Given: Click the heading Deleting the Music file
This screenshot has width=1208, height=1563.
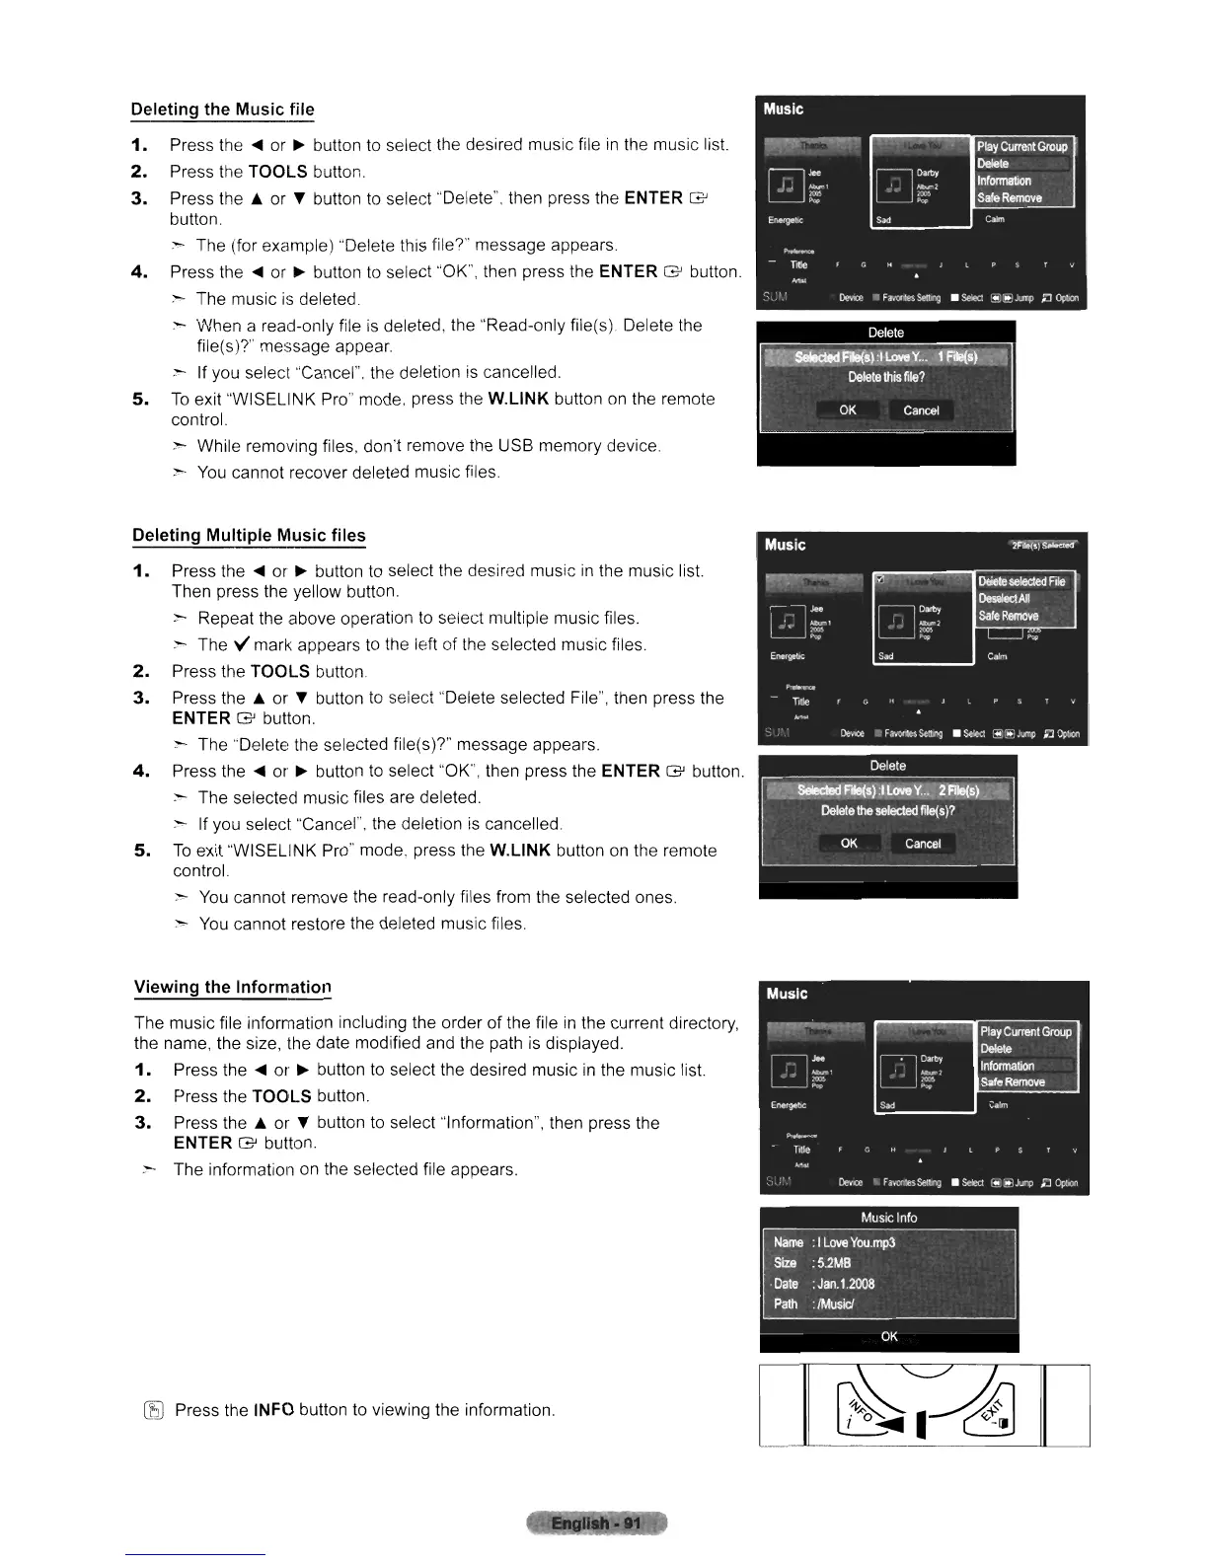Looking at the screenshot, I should [x=223, y=109].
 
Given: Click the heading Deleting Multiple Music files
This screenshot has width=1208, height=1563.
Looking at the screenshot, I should [x=249, y=535].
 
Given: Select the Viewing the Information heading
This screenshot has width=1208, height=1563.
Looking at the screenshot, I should [x=232, y=987].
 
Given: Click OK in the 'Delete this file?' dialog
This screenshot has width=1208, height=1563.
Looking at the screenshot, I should [x=848, y=409].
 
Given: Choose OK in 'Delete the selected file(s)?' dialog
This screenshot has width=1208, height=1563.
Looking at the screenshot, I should [x=849, y=843].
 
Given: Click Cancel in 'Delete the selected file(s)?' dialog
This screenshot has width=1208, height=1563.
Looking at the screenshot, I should [x=923, y=843].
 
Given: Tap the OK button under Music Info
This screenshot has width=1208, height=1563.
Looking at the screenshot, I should [x=889, y=1336].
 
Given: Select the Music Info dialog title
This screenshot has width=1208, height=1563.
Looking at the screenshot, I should [x=888, y=1218].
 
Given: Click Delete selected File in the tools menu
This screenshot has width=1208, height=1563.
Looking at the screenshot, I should [x=1021, y=581].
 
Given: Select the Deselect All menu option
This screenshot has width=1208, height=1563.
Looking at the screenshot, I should [x=1004, y=598].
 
